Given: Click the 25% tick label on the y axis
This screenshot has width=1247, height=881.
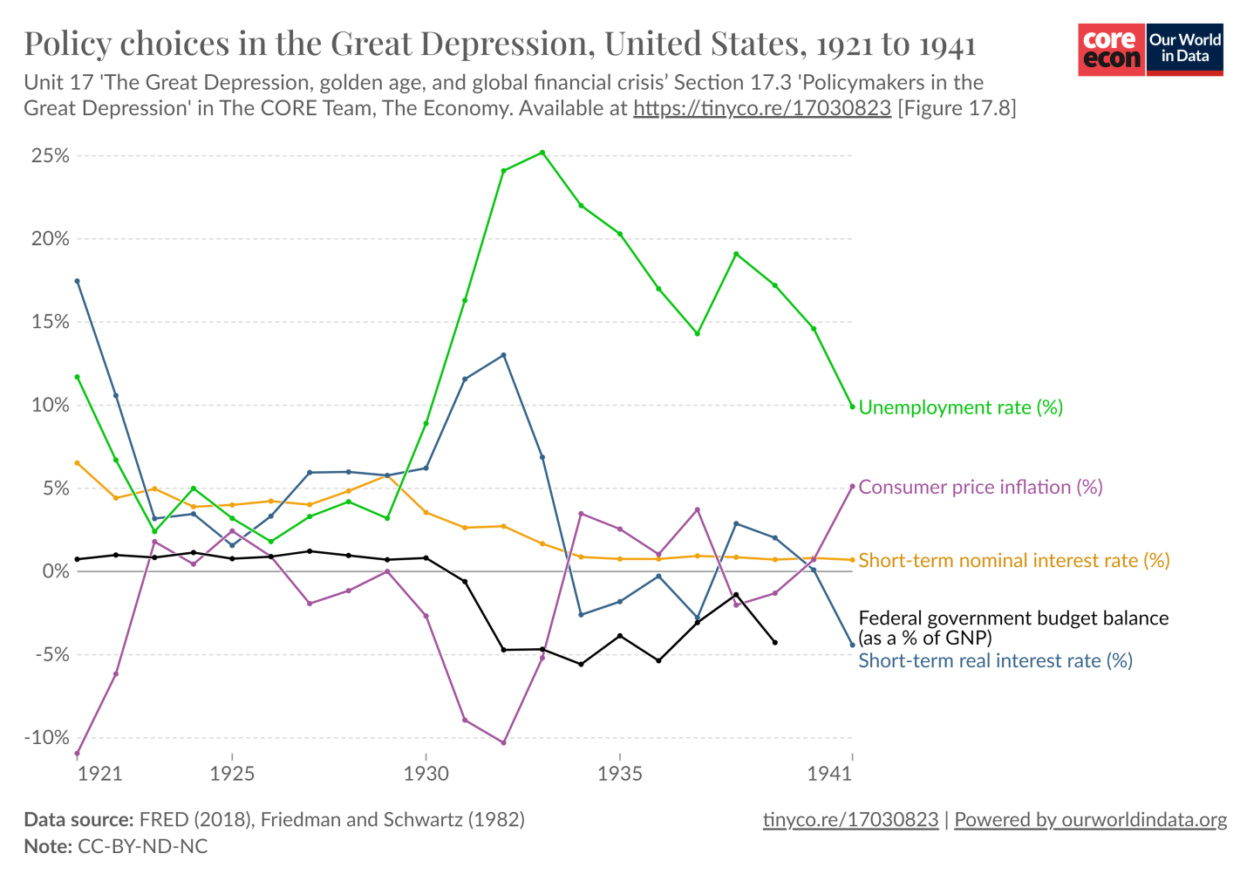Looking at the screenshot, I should tap(50, 156).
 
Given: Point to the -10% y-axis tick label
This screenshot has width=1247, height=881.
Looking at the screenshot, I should tap(46, 738).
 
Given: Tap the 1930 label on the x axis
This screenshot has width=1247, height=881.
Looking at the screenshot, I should tap(426, 774).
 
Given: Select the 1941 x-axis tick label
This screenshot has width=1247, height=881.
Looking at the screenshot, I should tap(829, 774).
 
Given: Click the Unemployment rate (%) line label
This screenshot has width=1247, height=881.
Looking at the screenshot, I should tap(960, 407).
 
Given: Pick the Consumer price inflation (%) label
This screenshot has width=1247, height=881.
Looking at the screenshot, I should tap(980, 487).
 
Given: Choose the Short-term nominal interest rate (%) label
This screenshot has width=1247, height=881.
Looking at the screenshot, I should tap(1013, 560).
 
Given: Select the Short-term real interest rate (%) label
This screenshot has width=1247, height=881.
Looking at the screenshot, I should tap(995, 660).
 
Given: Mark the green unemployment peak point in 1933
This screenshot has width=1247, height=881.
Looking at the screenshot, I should tap(542, 153).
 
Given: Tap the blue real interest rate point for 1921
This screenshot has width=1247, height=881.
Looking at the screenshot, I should tap(77, 281).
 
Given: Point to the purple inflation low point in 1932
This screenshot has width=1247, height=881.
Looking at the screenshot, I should tap(503, 742).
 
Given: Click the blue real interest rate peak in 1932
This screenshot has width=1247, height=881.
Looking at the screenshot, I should tap(503, 355).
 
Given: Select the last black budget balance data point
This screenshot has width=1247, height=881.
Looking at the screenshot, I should tap(775, 642).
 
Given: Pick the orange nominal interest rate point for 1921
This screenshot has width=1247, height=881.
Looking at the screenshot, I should tap(77, 463).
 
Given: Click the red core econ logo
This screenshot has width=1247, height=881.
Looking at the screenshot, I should tap(1111, 50).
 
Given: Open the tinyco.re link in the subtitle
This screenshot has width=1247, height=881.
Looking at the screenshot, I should tap(761, 108).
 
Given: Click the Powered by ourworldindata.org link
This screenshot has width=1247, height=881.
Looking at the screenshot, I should tap(1090, 820).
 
